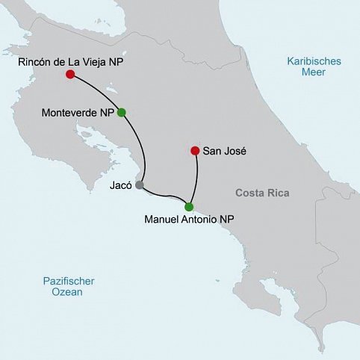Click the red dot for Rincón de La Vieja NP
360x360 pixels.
(x=69, y=75)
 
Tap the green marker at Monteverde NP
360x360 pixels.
(x=122, y=113)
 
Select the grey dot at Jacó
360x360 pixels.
(x=139, y=184)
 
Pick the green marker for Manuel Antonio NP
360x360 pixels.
(x=189, y=207)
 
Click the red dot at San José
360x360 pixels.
(x=195, y=149)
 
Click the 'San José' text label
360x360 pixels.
(x=226, y=151)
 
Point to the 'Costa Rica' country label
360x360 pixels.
(x=261, y=193)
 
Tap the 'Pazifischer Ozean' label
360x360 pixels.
(x=63, y=286)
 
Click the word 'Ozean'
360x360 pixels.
(x=63, y=293)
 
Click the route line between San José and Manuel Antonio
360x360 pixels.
(x=196, y=179)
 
